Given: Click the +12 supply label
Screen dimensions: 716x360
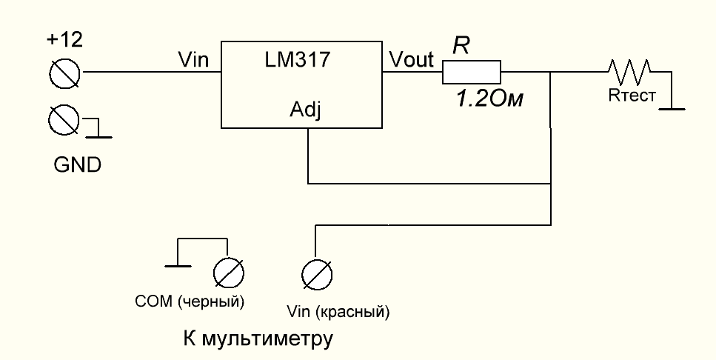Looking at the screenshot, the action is click(65, 40).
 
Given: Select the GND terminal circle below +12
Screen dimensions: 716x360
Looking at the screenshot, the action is click(64, 120).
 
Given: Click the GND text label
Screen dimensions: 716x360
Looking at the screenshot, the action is click(77, 165).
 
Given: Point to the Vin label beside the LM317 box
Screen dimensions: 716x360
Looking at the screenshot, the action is click(193, 60).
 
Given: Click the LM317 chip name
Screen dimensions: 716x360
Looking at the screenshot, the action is click(297, 60).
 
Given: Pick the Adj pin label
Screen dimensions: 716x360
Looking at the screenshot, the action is click(306, 110).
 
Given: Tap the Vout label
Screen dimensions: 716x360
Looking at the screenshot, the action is click(411, 60).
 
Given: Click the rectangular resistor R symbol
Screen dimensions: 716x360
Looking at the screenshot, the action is click(471, 72).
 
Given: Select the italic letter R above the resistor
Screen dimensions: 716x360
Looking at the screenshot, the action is click(461, 46).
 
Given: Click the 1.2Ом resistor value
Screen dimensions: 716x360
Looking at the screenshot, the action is click(489, 99).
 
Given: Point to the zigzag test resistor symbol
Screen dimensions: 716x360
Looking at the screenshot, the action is click(629, 71).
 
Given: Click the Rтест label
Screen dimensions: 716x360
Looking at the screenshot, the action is click(632, 96).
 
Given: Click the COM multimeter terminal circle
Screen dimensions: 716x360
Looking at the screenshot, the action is click(228, 273).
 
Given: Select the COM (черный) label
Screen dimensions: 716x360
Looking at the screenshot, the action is click(190, 301).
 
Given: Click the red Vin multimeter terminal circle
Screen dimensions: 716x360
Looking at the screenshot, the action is click(317, 275).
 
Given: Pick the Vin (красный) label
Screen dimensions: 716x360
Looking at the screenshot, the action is click(338, 312).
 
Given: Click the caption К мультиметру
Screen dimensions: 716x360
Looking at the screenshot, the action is click(258, 339).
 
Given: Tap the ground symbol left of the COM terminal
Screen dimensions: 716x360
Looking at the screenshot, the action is click(178, 265).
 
